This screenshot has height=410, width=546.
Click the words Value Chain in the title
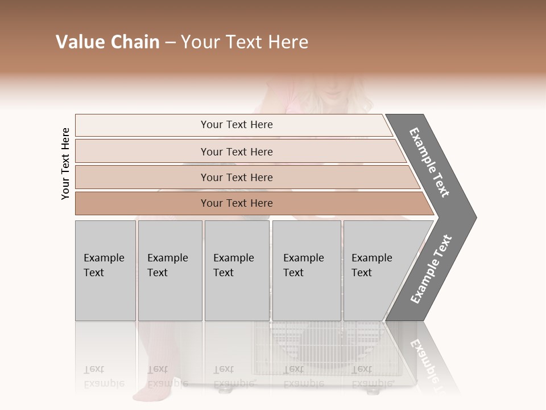click(107, 42)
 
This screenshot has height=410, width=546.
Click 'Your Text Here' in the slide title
click(245, 42)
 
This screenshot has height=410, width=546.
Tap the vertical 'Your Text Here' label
click(65, 163)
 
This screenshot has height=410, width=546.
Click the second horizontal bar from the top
click(237, 151)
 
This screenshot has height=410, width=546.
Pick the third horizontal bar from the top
click(237, 177)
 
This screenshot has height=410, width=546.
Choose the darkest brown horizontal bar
click(237, 203)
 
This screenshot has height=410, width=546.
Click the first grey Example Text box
click(105, 270)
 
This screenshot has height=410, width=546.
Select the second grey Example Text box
click(169, 270)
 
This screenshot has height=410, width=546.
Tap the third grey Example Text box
click(237, 270)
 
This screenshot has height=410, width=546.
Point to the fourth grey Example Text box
click(306, 270)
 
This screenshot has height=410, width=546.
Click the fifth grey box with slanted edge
click(375, 270)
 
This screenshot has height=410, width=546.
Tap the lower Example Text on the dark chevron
click(431, 269)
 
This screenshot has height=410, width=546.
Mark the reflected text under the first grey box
click(104, 377)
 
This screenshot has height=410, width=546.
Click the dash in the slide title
click(170, 43)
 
